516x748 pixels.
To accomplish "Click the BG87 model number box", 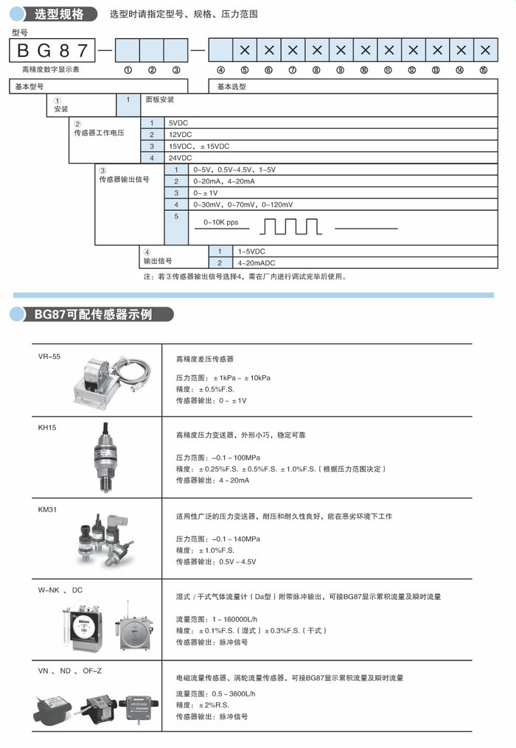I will pos(52,50).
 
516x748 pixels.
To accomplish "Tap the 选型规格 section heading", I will pos(54,14).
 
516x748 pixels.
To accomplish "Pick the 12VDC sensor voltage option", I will pos(181,134).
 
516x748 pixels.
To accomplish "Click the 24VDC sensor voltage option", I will pos(181,158).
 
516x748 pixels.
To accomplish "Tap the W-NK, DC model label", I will pos(60,590).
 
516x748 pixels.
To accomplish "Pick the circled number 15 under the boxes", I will pos(484,71).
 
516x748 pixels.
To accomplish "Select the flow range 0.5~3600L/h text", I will pos(215,693).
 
